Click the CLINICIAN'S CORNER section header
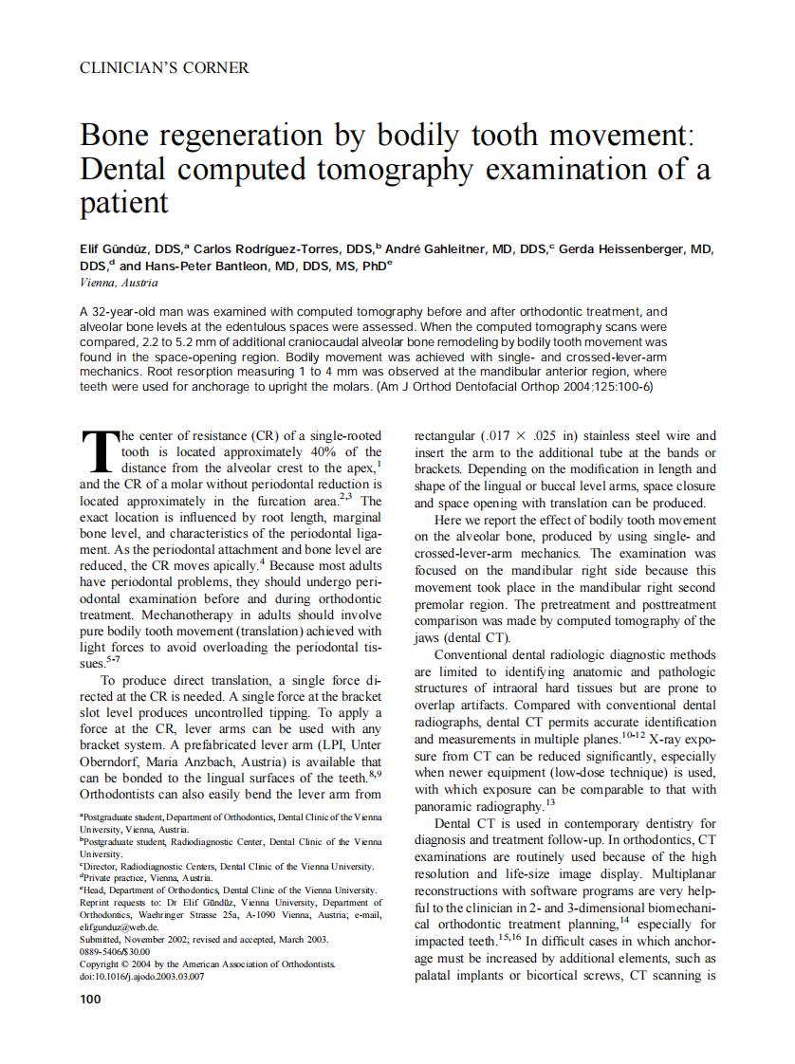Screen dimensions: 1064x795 [x=164, y=68]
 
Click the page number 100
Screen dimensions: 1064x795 [x=90, y=999]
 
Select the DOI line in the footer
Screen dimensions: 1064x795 [x=141, y=976]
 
